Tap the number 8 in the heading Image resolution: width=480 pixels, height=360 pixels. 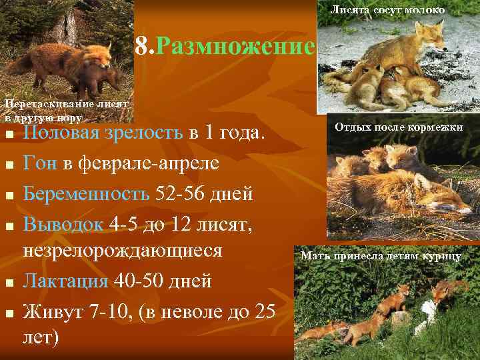tap(141, 47)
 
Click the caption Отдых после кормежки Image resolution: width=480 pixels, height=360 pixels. tap(398, 126)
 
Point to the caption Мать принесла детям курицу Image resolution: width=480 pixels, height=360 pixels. tap(381, 255)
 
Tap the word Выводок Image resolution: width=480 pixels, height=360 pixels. tap(63, 225)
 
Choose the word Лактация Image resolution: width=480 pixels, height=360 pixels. tap(65, 281)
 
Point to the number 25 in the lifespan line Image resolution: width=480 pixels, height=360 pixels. tap(261, 311)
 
